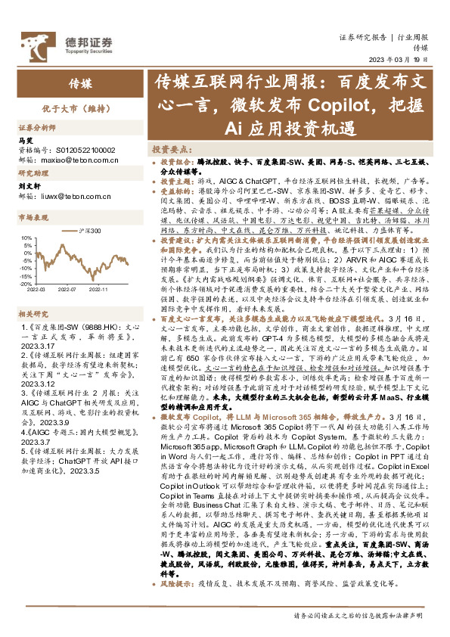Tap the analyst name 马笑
point(25,141)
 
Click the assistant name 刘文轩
point(29,186)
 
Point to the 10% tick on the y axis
point(27,238)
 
